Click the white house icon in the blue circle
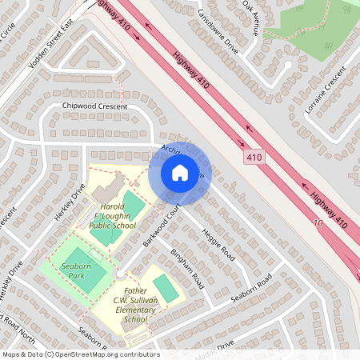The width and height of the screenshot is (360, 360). click(x=179, y=172)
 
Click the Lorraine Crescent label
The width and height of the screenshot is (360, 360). click(x=324, y=95)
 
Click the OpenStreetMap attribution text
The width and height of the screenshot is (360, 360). click(x=80, y=354)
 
